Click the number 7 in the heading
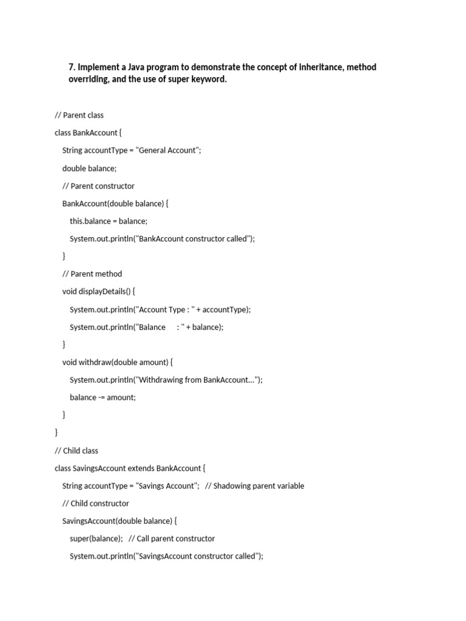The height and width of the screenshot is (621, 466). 71,67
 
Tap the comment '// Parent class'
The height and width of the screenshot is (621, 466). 79,115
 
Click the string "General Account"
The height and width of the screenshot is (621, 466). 168,150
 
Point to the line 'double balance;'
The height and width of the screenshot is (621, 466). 89,168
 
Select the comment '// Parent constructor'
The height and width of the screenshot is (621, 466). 98,186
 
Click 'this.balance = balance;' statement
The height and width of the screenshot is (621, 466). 109,221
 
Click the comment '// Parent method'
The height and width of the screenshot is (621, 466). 92,274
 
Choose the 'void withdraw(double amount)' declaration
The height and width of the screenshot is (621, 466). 118,363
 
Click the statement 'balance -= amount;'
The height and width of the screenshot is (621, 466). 103,398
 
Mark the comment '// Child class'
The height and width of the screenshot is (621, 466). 76,451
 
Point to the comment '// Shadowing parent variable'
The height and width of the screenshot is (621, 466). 255,486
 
